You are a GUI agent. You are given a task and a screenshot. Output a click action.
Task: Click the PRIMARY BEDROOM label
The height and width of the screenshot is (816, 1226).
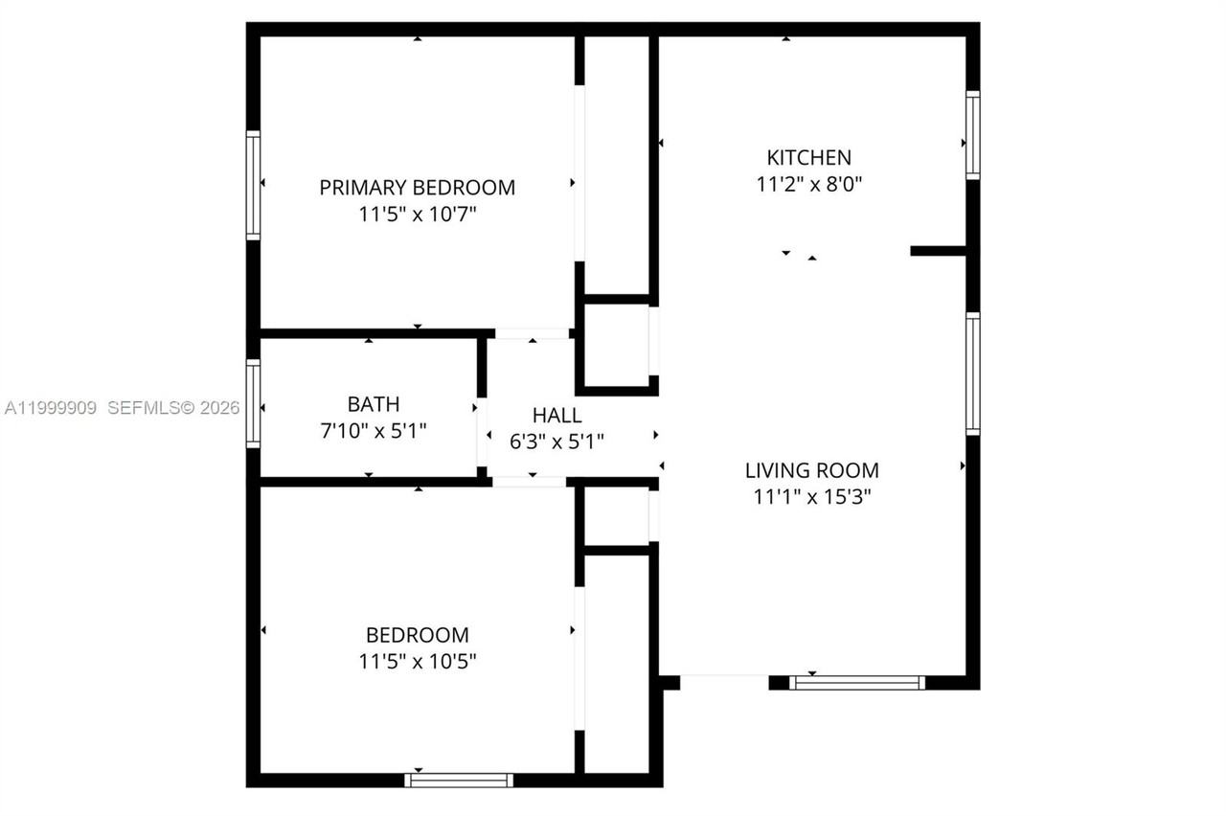coord(417,187)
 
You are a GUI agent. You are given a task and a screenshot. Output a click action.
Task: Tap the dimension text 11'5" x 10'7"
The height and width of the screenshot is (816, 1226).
coord(417,215)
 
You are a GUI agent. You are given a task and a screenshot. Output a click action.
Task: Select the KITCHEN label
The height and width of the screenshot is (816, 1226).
coord(808,157)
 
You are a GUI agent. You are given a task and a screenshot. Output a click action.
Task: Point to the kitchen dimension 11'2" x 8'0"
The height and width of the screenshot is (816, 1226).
coord(808,185)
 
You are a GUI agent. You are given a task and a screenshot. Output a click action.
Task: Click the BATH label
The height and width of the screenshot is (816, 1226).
coord(374,404)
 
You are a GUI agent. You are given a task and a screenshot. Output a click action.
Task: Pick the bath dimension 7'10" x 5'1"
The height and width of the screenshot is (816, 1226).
coord(374,431)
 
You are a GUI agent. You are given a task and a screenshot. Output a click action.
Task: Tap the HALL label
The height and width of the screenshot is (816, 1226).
coord(556,415)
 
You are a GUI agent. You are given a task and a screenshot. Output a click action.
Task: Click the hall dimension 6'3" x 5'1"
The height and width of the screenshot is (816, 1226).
coord(556,441)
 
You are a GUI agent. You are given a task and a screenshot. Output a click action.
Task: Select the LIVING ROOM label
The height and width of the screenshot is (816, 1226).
coord(811,470)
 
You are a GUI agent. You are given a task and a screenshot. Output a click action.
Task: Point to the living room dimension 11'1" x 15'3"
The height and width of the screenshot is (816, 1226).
coord(811,497)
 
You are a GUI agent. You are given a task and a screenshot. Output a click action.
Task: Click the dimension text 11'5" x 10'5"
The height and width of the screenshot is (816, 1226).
coord(417,661)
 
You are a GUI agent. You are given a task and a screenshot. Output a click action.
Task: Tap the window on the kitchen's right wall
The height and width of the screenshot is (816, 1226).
coord(972,135)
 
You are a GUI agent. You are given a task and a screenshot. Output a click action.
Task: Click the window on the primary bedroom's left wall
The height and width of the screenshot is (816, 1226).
coord(253,185)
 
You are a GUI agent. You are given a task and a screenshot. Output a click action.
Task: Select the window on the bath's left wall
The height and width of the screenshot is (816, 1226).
coord(253,403)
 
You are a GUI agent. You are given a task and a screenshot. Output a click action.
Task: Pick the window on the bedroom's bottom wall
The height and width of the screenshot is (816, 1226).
coord(459,780)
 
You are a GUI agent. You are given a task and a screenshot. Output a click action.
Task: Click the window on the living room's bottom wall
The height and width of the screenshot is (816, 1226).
coord(856,683)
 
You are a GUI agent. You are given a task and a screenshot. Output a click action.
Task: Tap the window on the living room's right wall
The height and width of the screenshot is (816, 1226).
coord(972,374)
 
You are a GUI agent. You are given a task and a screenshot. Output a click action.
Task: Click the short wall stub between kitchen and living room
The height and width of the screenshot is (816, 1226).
coord(938,251)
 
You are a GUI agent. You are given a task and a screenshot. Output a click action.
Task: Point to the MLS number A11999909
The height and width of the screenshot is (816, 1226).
coord(51,408)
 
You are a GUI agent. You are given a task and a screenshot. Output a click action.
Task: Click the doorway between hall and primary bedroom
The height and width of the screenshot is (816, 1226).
coord(534,333)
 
